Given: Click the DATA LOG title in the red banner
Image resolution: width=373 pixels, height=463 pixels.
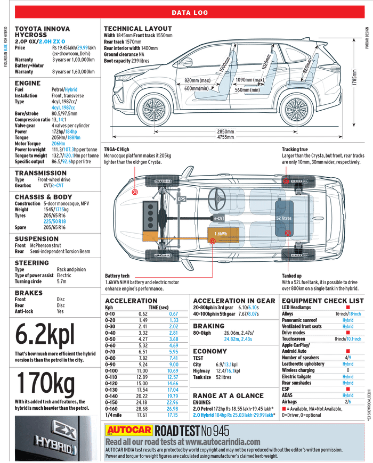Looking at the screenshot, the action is click(190, 13).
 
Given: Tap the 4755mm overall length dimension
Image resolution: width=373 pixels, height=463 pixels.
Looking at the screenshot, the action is click(225, 137).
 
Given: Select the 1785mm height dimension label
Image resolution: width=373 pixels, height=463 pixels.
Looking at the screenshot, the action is click(354, 78).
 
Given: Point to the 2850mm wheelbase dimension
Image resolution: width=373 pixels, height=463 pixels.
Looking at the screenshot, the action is click(225, 131).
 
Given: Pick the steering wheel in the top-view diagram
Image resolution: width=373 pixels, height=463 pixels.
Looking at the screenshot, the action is click(217, 199).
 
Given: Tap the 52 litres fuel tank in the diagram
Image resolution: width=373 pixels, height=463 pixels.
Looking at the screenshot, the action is click(284, 218).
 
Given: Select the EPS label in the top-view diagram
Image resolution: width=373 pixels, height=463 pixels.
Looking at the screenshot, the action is click(182, 199).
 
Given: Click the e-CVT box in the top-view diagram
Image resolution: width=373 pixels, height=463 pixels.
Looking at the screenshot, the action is click(220, 218).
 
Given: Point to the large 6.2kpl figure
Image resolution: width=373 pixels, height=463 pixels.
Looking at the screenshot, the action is click(45, 335).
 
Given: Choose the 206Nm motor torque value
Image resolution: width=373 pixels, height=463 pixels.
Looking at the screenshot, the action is click(59, 144).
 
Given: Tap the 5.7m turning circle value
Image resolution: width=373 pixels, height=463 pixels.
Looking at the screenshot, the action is click(61, 282).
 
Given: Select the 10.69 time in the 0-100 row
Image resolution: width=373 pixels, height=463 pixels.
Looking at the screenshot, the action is click(173, 371).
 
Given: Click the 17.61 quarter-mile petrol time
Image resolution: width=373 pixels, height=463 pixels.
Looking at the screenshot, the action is click(142, 415).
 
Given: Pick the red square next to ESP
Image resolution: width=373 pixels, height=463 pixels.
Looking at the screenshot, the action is click(348, 389).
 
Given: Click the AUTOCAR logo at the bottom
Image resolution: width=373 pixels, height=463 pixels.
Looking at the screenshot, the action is click(129, 430).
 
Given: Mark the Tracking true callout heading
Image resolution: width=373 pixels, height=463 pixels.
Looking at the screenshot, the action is click(295, 150).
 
